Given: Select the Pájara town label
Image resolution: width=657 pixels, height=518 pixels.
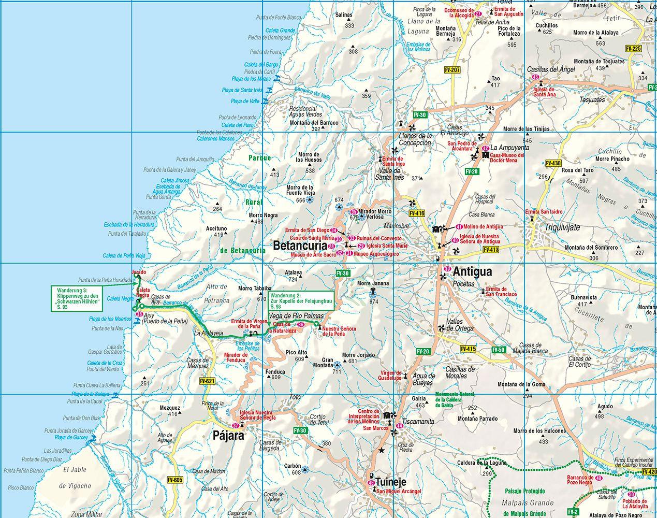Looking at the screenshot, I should [228, 436].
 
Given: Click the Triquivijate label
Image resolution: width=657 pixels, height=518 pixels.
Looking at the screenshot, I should [562, 227].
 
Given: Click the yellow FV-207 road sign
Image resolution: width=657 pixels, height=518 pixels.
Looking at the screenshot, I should [452, 68].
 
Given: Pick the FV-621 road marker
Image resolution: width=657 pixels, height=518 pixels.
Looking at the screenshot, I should [206, 381].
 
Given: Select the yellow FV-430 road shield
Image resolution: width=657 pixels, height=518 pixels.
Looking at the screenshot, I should [553, 163].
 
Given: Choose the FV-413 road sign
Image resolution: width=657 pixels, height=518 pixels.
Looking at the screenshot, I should [490, 250].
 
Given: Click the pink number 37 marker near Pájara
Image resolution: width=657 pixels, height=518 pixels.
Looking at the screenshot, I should [236, 425].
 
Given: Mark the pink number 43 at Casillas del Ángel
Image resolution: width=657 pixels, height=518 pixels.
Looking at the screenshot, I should [534, 77].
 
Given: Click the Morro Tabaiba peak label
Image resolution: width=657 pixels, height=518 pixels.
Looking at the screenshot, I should [255, 289].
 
